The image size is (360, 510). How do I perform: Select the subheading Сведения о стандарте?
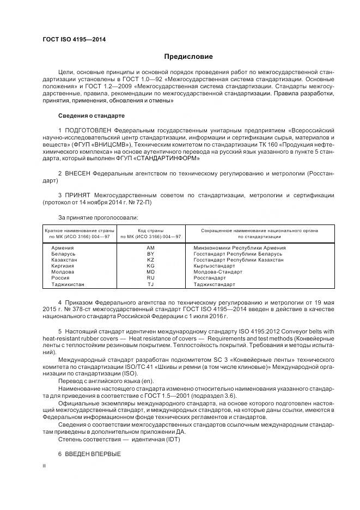click(x=91, y=116)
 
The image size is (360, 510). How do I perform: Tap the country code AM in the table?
click(x=150, y=248)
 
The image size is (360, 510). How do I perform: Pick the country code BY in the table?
click(x=150, y=254)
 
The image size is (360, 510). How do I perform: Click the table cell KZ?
click(x=150, y=260)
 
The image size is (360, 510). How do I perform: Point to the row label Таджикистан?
click(x=68, y=284)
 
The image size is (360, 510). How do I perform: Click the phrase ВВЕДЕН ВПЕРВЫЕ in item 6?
click(x=92, y=454)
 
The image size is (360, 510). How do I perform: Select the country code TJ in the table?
click(x=150, y=284)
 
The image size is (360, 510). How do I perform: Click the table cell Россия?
click(x=60, y=278)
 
